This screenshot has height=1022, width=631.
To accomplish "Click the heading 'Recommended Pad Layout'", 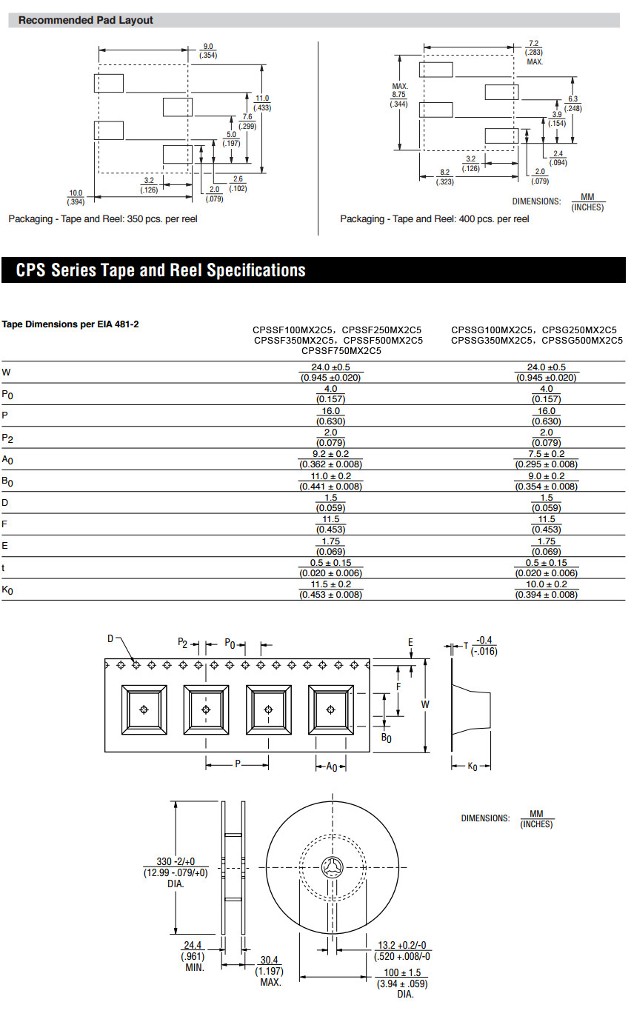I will pyautogui.click(x=86, y=20).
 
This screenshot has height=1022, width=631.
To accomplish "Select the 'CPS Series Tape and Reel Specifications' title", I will pyautogui.click(x=161, y=270).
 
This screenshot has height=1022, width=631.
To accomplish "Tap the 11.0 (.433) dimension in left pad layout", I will pyautogui.click(x=263, y=103).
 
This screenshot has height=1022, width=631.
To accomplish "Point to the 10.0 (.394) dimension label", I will pyautogui.click(x=76, y=197).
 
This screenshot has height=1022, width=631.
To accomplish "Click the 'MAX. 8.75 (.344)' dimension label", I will pyautogui.click(x=399, y=96).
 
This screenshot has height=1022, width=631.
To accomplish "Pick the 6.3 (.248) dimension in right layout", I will pyautogui.click(x=573, y=104).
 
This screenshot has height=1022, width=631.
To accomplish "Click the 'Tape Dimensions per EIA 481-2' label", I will pyautogui.click(x=70, y=324).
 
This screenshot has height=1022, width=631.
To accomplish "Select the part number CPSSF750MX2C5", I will pyautogui.click(x=341, y=351).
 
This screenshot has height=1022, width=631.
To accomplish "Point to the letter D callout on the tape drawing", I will pyautogui.click(x=110, y=639).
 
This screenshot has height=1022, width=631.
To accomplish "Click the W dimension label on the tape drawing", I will pyautogui.click(x=425, y=705).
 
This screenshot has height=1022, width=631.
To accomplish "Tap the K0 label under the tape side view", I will pyautogui.click(x=473, y=766).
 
